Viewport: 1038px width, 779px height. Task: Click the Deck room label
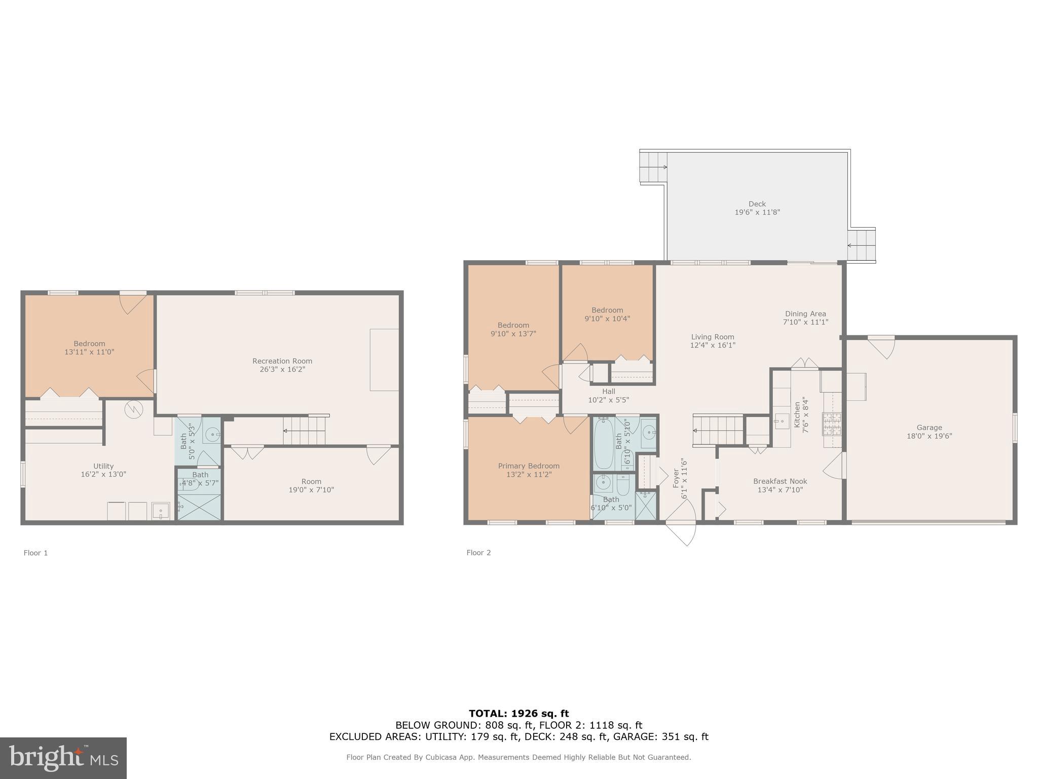tap(757, 204)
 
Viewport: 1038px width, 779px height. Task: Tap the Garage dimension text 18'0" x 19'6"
tap(929, 436)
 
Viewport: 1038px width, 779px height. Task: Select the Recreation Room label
tap(282, 361)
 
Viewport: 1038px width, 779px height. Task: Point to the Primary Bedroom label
tap(529, 466)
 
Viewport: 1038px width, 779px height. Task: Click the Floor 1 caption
tap(35, 553)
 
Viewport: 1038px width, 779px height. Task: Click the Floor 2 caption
tap(478, 553)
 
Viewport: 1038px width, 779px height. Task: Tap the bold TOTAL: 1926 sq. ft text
tap(518, 714)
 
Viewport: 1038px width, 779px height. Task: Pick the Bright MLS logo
tap(63, 758)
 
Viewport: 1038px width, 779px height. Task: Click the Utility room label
tap(103, 466)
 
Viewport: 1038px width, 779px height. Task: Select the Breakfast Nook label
tap(780, 481)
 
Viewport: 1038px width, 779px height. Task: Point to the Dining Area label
tap(805, 313)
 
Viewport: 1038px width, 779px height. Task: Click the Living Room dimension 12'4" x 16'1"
tap(713, 345)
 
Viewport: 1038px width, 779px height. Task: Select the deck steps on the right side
tap(863, 245)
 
